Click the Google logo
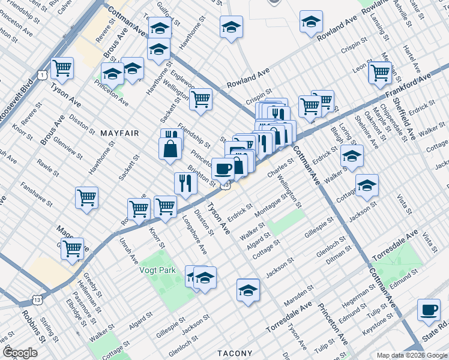pos(20,353)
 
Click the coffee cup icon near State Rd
pos(429,310)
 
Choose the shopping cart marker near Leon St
pos(380,72)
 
